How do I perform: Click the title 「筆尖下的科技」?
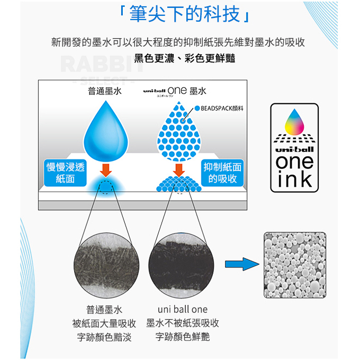[184, 14]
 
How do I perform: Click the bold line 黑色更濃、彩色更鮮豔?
[185, 58]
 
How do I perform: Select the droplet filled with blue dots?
[179, 131]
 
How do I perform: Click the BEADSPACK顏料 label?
[219, 108]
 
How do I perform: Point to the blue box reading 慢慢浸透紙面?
[65, 173]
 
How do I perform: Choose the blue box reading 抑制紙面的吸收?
[222, 173]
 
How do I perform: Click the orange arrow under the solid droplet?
[106, 170]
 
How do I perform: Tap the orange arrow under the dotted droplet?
[179, 170]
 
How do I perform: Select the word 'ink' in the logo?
[295, 178]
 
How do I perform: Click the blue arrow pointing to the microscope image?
[242, 264]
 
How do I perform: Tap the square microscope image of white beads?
[295, 265]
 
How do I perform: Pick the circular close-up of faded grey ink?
[106, 265]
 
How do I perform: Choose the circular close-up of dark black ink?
[182, 265]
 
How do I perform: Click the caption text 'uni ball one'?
[183, 309]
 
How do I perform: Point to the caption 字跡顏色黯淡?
[104, 337]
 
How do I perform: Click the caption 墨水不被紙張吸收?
[183, 323]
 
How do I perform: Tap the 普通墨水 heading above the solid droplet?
[105, 91]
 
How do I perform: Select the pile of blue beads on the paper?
[179, 184]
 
